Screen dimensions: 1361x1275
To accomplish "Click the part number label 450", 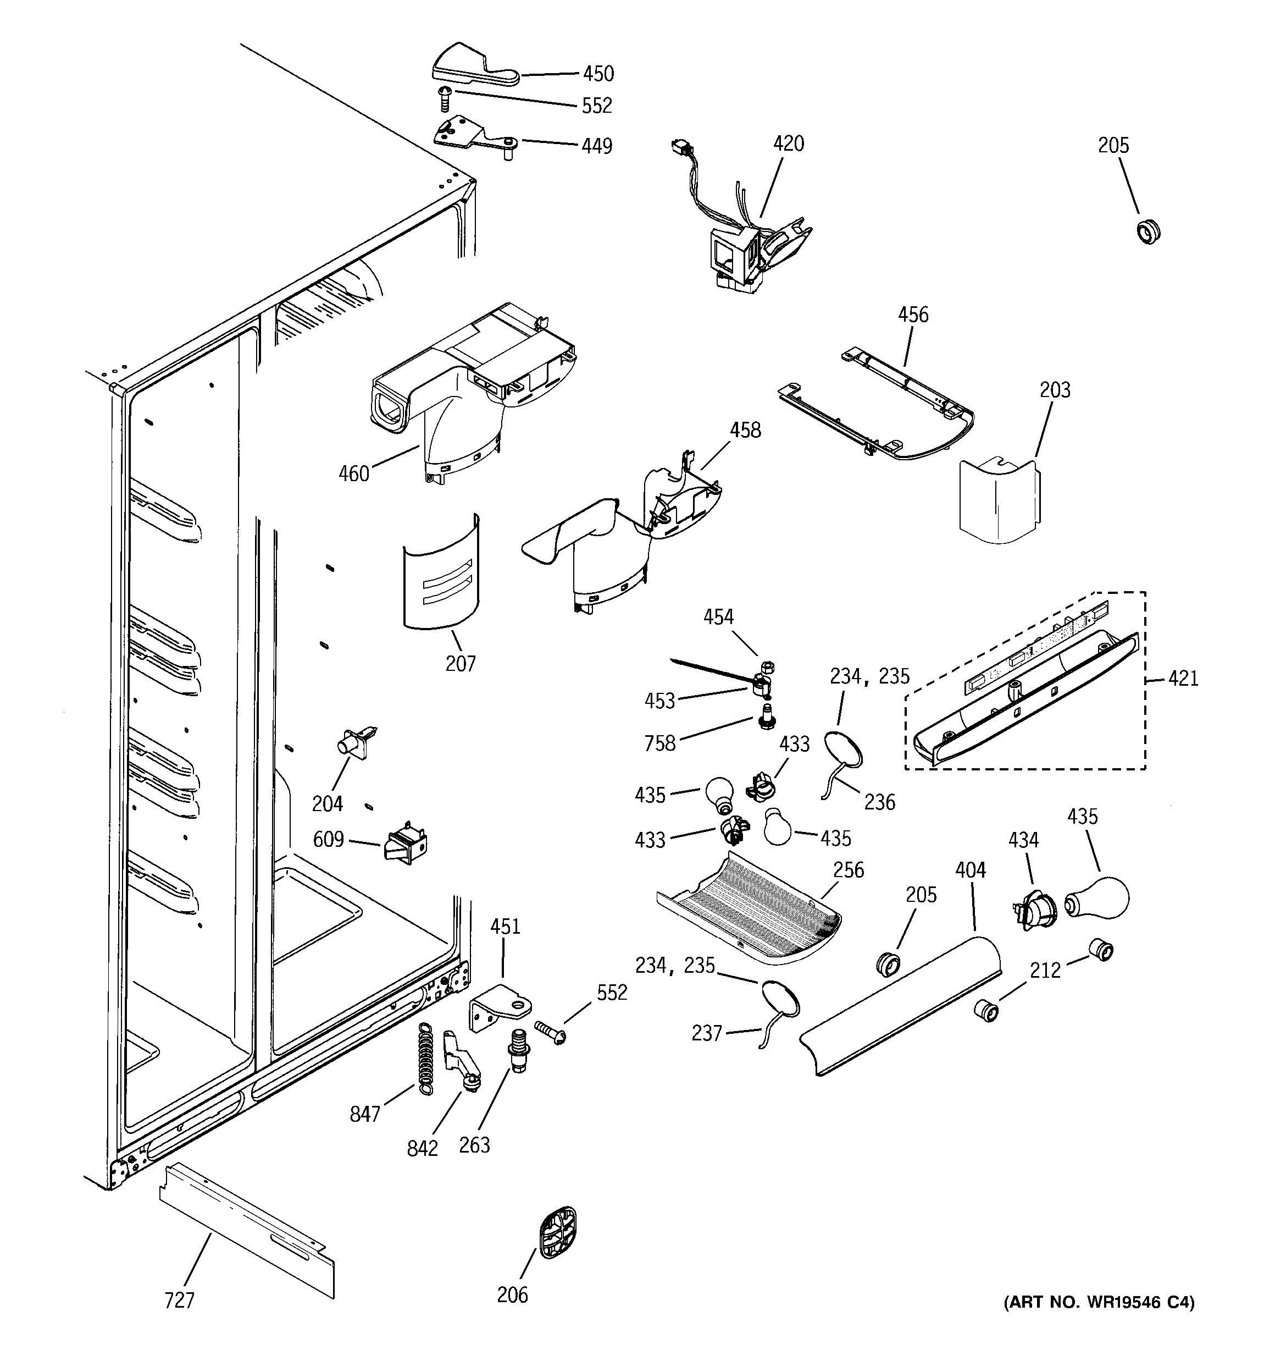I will coord(597,73).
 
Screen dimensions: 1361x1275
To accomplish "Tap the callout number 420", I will coord(789,143).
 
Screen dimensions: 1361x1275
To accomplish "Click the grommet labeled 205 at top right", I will coord(1147,231).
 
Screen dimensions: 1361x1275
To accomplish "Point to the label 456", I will coord(913,315).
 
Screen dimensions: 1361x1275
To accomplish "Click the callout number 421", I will coord(1183,679).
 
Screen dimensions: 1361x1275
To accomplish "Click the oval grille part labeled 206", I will coord(557,1233).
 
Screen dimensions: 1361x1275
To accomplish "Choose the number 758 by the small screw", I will coord(659,743).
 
